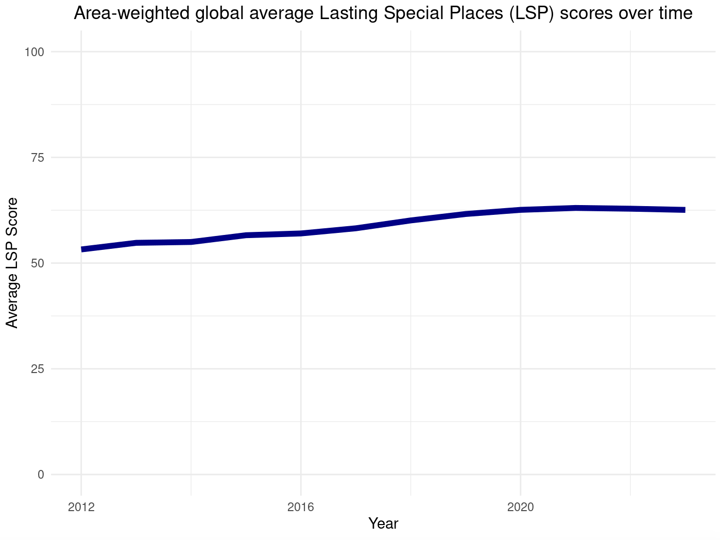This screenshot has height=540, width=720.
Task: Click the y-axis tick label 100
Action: click(36, 52)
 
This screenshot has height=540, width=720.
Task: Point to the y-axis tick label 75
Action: click(38, 157)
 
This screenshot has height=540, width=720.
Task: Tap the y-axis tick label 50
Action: click(38, 263)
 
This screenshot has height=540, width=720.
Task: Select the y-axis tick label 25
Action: click(38, 368)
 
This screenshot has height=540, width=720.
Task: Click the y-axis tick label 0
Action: click(41, 474)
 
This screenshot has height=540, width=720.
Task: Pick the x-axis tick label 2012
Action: click(81, 508)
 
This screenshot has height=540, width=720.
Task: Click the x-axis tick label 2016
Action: click(301, 508)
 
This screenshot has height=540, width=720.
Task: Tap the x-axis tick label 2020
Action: click(520, 508)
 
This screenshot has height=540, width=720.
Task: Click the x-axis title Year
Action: click(383, 524)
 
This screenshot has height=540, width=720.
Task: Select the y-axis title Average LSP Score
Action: click(12, 263)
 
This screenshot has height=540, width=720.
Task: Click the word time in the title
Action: click(675, 13)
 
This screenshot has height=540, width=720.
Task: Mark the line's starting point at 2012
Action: click(82, 249)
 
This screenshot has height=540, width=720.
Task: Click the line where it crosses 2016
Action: click(301, 233)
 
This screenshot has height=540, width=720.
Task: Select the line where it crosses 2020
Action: click(520, 210)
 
